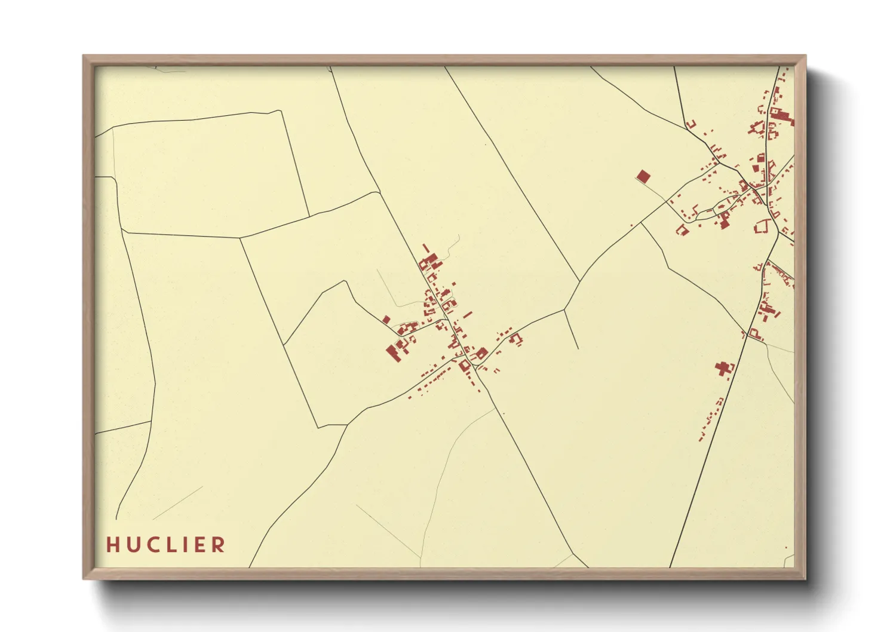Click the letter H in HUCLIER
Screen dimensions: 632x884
pyautogui.click(x=112, y=545)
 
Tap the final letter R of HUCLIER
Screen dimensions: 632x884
pyautogui.click(x=219, y=545)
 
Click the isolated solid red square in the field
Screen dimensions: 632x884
pyautogui.click(x=643, y=176)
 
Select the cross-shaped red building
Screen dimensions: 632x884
pyautogui.click(x=725, y=368)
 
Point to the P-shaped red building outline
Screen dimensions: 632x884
pyautogui.click(x=754, y=332)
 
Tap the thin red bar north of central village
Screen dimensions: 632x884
pyautogui.click(x=426, y=247)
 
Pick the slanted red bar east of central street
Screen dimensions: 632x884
pyautogui.click(x=468, y=314)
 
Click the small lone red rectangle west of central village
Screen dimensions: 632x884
pyautogui.click(x=386, y=320)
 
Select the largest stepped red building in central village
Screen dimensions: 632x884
pyautogui.click(x=394, y=351)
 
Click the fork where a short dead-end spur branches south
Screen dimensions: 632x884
pyautogui.click(x=565, y=309)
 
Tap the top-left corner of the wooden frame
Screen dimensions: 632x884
pyautogui.click(x=84, y=56)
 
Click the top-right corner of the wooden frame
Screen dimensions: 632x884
pyautogui.click(x=805, y=56)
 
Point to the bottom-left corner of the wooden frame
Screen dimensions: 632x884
pyautogui.click(x=84, y=578)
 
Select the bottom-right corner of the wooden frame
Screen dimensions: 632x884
pyautogui.click(x=805, y=578)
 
